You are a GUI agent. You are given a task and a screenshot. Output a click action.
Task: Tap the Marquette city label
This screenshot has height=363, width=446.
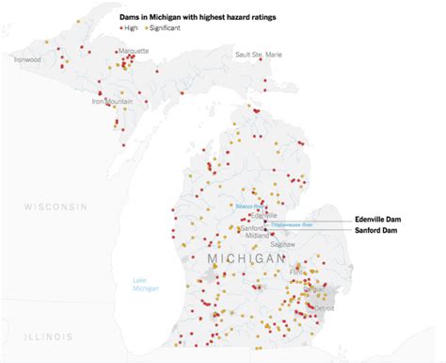pos(134,53)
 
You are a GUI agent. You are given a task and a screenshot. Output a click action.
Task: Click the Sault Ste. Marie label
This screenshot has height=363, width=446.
pos(258,55)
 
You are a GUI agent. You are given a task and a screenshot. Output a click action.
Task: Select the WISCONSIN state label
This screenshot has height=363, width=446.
pos(56,206)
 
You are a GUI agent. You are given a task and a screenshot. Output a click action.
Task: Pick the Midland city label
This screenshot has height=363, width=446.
pos(256,237)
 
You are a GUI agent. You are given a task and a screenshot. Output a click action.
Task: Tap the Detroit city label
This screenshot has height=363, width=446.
pos(325,307)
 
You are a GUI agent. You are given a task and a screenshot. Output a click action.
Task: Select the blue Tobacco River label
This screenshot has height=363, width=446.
pos(248,204)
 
